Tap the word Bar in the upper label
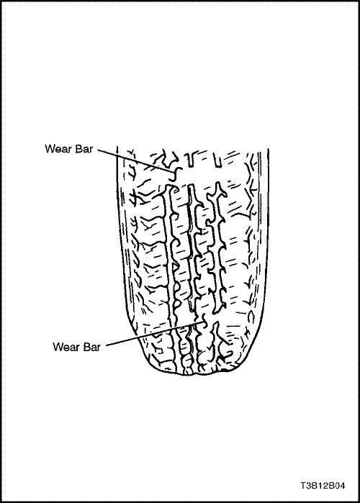tap(84, 149)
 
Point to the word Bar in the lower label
tap(91, 347)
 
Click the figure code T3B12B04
tap(323, 485)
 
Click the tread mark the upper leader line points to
tap(176, 174)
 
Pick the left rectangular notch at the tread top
tap(191, 160)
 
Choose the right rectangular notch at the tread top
tap(218, 161)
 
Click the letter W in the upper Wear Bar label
tap(50, 149)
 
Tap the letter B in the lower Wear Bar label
tap(86, 347)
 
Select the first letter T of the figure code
tap(303, 485)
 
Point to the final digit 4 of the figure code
tap(342, 485)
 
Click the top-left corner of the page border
tap(1, 1)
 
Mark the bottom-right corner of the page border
tap(359, 502)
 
